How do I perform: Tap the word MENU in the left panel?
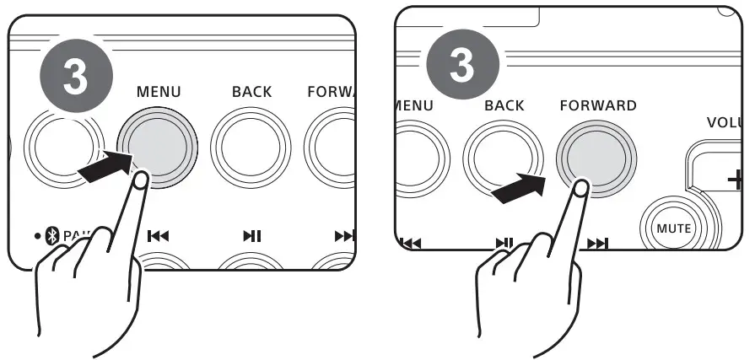pyautogui.click(x=158, y=91)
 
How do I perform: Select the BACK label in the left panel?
pyautogui.click(x=251, y=91)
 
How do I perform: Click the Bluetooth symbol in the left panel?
pyautogui.click(x=51, y=235)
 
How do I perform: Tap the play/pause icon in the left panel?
pyautogui.click(x=251, y=236)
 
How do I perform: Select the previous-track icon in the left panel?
pyautogui.click(x=158, y=236)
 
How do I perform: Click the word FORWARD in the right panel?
pyautogui.click(x=598, y=106)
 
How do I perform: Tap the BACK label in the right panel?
pyautogui.click(x=504, y=106)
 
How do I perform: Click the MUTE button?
pyautogui.click(x=675, y=228)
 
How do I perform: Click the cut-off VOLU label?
pyautogui.click(x=726, y=122)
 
